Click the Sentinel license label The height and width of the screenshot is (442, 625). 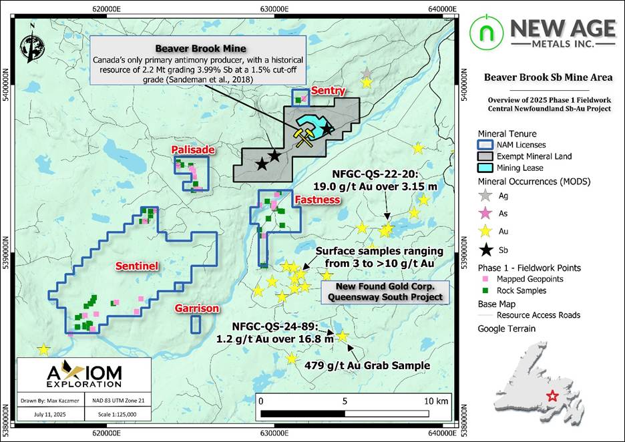click(136, 266)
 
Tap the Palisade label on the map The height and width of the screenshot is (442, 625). click(193, 150)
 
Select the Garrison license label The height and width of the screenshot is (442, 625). click(197, 308)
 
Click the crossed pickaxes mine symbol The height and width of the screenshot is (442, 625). click(304, 137)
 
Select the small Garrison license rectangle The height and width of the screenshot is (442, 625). click(196, 324)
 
